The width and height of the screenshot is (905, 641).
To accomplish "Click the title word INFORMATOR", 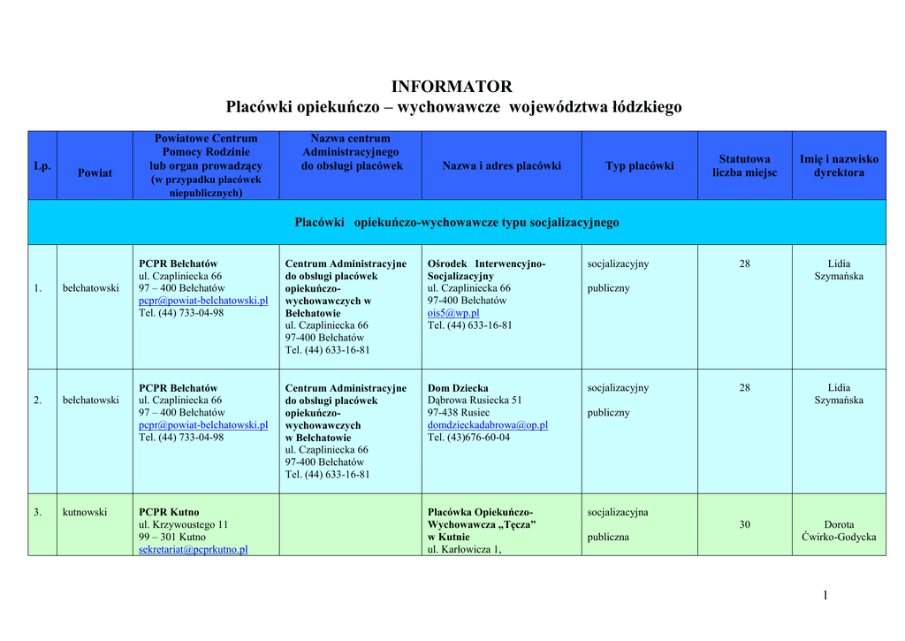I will point(452,87).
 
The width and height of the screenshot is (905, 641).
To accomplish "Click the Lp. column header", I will point(42,166).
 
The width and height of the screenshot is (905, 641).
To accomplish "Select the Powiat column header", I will point(95,172).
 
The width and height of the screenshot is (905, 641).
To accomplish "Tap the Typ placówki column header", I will point(639,166).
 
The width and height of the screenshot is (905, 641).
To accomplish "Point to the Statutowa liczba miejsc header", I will point(744,166).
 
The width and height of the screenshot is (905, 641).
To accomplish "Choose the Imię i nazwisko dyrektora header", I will point(839,166).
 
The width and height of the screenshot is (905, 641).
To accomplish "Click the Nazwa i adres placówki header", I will point(501,166).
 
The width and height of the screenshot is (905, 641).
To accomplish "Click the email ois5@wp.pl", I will point(453,313).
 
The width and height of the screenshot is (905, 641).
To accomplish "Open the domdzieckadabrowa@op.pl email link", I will point(487,425).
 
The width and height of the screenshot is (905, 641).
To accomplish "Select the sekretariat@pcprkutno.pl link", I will point(194,549).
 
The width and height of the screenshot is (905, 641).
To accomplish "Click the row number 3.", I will point(37,512).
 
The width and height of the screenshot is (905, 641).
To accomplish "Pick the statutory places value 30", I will point(744,524).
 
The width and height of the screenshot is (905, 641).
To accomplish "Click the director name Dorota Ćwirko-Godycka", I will point(839,530).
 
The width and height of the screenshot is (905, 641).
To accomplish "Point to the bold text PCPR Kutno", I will point(169,512).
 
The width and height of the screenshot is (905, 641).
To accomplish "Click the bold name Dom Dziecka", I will point(458,388).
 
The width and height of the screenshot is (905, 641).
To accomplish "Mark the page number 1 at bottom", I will point(825,595).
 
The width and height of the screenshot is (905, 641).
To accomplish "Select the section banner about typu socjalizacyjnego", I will point(456,223).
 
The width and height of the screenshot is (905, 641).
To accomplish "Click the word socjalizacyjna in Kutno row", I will point(618,512).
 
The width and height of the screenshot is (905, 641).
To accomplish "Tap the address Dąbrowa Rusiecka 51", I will point(475,401).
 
